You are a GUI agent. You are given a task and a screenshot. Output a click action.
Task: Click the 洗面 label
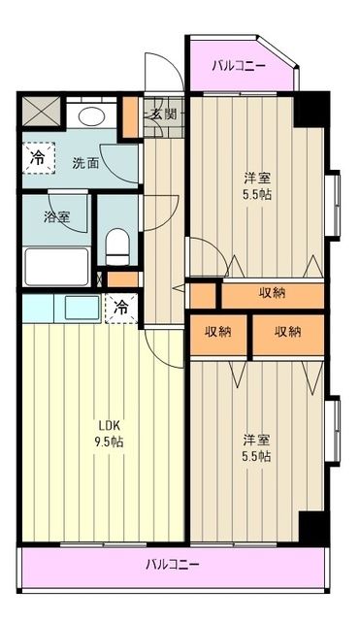(x=86, y=163)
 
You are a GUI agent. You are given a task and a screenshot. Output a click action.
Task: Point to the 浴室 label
(x=56, y=217)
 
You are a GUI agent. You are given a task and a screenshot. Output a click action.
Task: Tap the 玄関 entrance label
(x=163, y=114)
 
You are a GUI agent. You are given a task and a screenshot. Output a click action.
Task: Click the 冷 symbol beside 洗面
(x=38, y=158)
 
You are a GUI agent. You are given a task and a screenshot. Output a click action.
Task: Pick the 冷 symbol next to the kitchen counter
(x=122, y=308)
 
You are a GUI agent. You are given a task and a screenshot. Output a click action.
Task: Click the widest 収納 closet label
(x=273, y=294)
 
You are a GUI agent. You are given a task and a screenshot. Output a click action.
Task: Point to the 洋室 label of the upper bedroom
(x=256, y=178)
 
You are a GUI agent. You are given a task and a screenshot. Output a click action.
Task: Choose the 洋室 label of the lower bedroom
(x=256, y=439)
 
